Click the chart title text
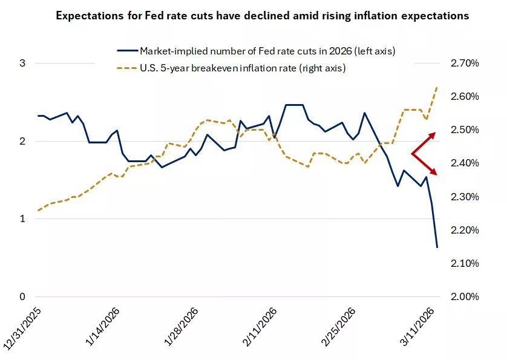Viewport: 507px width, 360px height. pyautogui.click(x=262, y=16)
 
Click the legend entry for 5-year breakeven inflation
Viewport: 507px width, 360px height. pyautogui.click(x=242, y=68)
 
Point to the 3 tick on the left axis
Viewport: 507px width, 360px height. pyautogui.click(x=22, y=64)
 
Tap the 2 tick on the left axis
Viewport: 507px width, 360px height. pyautogui.click(x=22, y=141)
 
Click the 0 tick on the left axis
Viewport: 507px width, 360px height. pyautogui.click(x=22, y=296)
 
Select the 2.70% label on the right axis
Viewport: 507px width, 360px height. pyautogui.click(x=462, y=64)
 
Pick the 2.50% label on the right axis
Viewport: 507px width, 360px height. pyautogui.click(x=462, y=130)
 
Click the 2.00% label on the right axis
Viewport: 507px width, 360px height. pyautogui.click(x=462, y=296)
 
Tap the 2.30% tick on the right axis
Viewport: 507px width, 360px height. pyautogui.click(x=462, y=197)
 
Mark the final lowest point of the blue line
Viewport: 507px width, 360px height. pyautogui.click(x=437, y=247)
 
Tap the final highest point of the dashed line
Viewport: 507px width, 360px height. pyautogui.click(x=437, y=87)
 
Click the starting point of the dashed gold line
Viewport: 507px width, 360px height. pyautogui.click(x=38, y=211)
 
